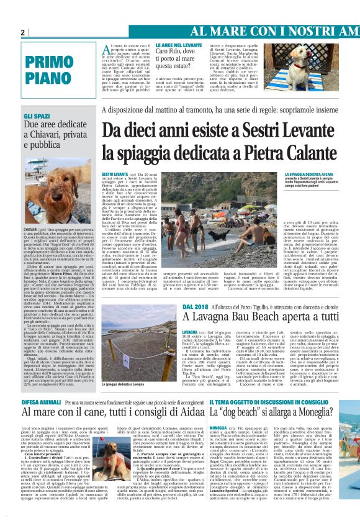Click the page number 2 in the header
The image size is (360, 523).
coord(22,32)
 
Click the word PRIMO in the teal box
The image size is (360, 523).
coord(50,63)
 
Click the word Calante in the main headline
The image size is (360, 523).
coord(287,152)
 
